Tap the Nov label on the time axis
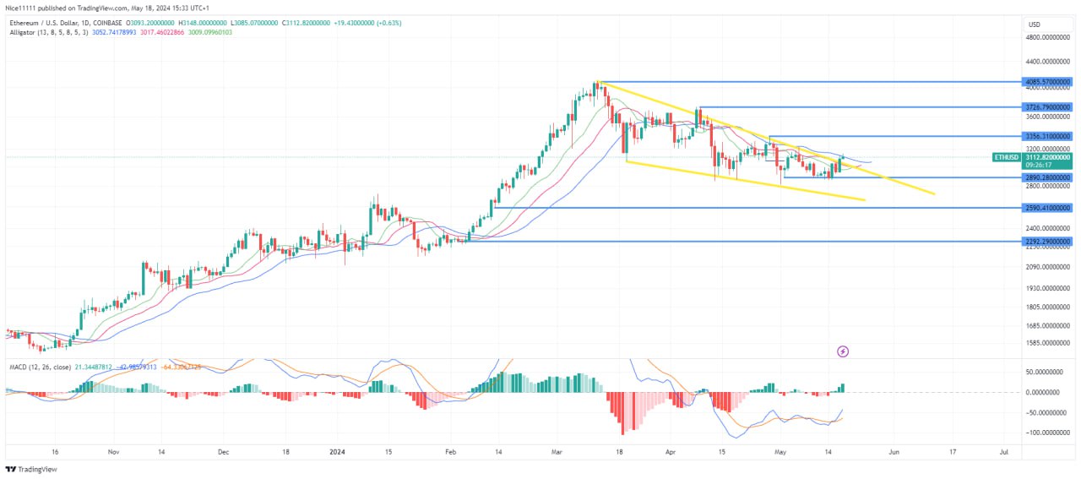(115, 453)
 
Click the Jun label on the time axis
(893, 453)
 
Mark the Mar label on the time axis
(557, 453)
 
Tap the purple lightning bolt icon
(842, 351)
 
